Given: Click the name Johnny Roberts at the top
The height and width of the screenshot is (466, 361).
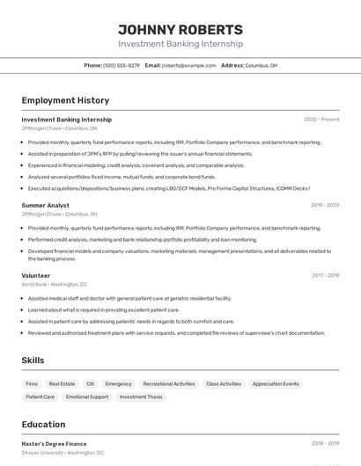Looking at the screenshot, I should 180,29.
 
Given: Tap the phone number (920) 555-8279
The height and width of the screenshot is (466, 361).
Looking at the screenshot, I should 122,65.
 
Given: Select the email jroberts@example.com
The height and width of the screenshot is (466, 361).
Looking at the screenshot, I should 188,65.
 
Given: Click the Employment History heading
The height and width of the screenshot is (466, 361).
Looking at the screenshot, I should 65,100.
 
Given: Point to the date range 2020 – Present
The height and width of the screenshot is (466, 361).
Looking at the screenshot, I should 321,119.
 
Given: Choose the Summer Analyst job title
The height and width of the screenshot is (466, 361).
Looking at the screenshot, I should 46,205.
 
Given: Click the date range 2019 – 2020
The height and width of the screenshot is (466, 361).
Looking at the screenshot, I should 325,205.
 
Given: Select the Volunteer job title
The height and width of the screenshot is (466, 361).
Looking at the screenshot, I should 36,275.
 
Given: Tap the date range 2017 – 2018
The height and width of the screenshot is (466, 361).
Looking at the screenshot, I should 325,275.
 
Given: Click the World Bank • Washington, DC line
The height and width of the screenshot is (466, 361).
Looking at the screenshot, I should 55,284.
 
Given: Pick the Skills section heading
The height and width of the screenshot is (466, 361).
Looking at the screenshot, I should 33,360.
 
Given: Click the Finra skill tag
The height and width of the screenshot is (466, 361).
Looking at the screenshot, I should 32,383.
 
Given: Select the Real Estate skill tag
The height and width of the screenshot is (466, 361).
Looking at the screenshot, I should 62,383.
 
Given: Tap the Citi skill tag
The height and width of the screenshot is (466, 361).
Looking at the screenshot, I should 90,383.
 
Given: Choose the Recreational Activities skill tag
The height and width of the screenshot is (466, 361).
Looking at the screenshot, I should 169,383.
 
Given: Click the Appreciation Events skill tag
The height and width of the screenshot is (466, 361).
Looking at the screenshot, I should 276,383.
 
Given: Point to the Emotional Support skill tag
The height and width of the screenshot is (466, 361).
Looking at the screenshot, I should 87,397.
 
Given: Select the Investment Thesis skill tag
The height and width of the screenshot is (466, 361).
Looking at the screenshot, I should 141,397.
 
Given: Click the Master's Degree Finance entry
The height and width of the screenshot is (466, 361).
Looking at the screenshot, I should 54,444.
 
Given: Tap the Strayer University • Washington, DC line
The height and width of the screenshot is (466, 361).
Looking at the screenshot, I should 63,453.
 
